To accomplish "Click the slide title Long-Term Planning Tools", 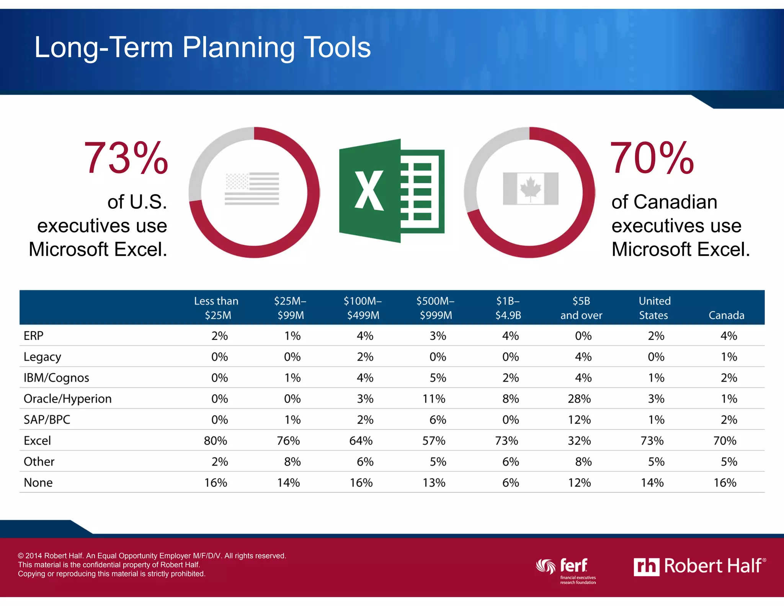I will (x=203, y=47).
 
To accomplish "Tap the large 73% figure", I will (x=126, y=158).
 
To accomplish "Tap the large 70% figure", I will (x=652, y=158).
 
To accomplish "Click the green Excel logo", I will (x=391, y=191).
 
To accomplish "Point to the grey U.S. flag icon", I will (x=252, y=188).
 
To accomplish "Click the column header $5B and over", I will (x=581, y=308).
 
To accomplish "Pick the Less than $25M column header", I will (x=216, y=308).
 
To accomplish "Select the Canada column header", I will (x=726, y=315).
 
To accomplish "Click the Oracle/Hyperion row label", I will (x=68, y=399).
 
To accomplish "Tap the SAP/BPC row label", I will (x=47, y=420).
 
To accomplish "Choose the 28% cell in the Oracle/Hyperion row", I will (x=579, y=399).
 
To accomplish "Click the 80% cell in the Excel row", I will (x=216, y=441).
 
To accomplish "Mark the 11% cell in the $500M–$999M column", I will (x=434, y=399).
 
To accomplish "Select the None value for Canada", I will (x=725, y=483).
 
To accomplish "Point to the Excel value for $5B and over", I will (x=579, y=441).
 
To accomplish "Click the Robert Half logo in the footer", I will (x=699, y=566).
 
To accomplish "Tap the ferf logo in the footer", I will (x=567, y=570).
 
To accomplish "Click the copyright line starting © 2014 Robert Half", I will (x=152, y=555).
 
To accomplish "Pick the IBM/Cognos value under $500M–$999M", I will (x=438, y=378).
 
